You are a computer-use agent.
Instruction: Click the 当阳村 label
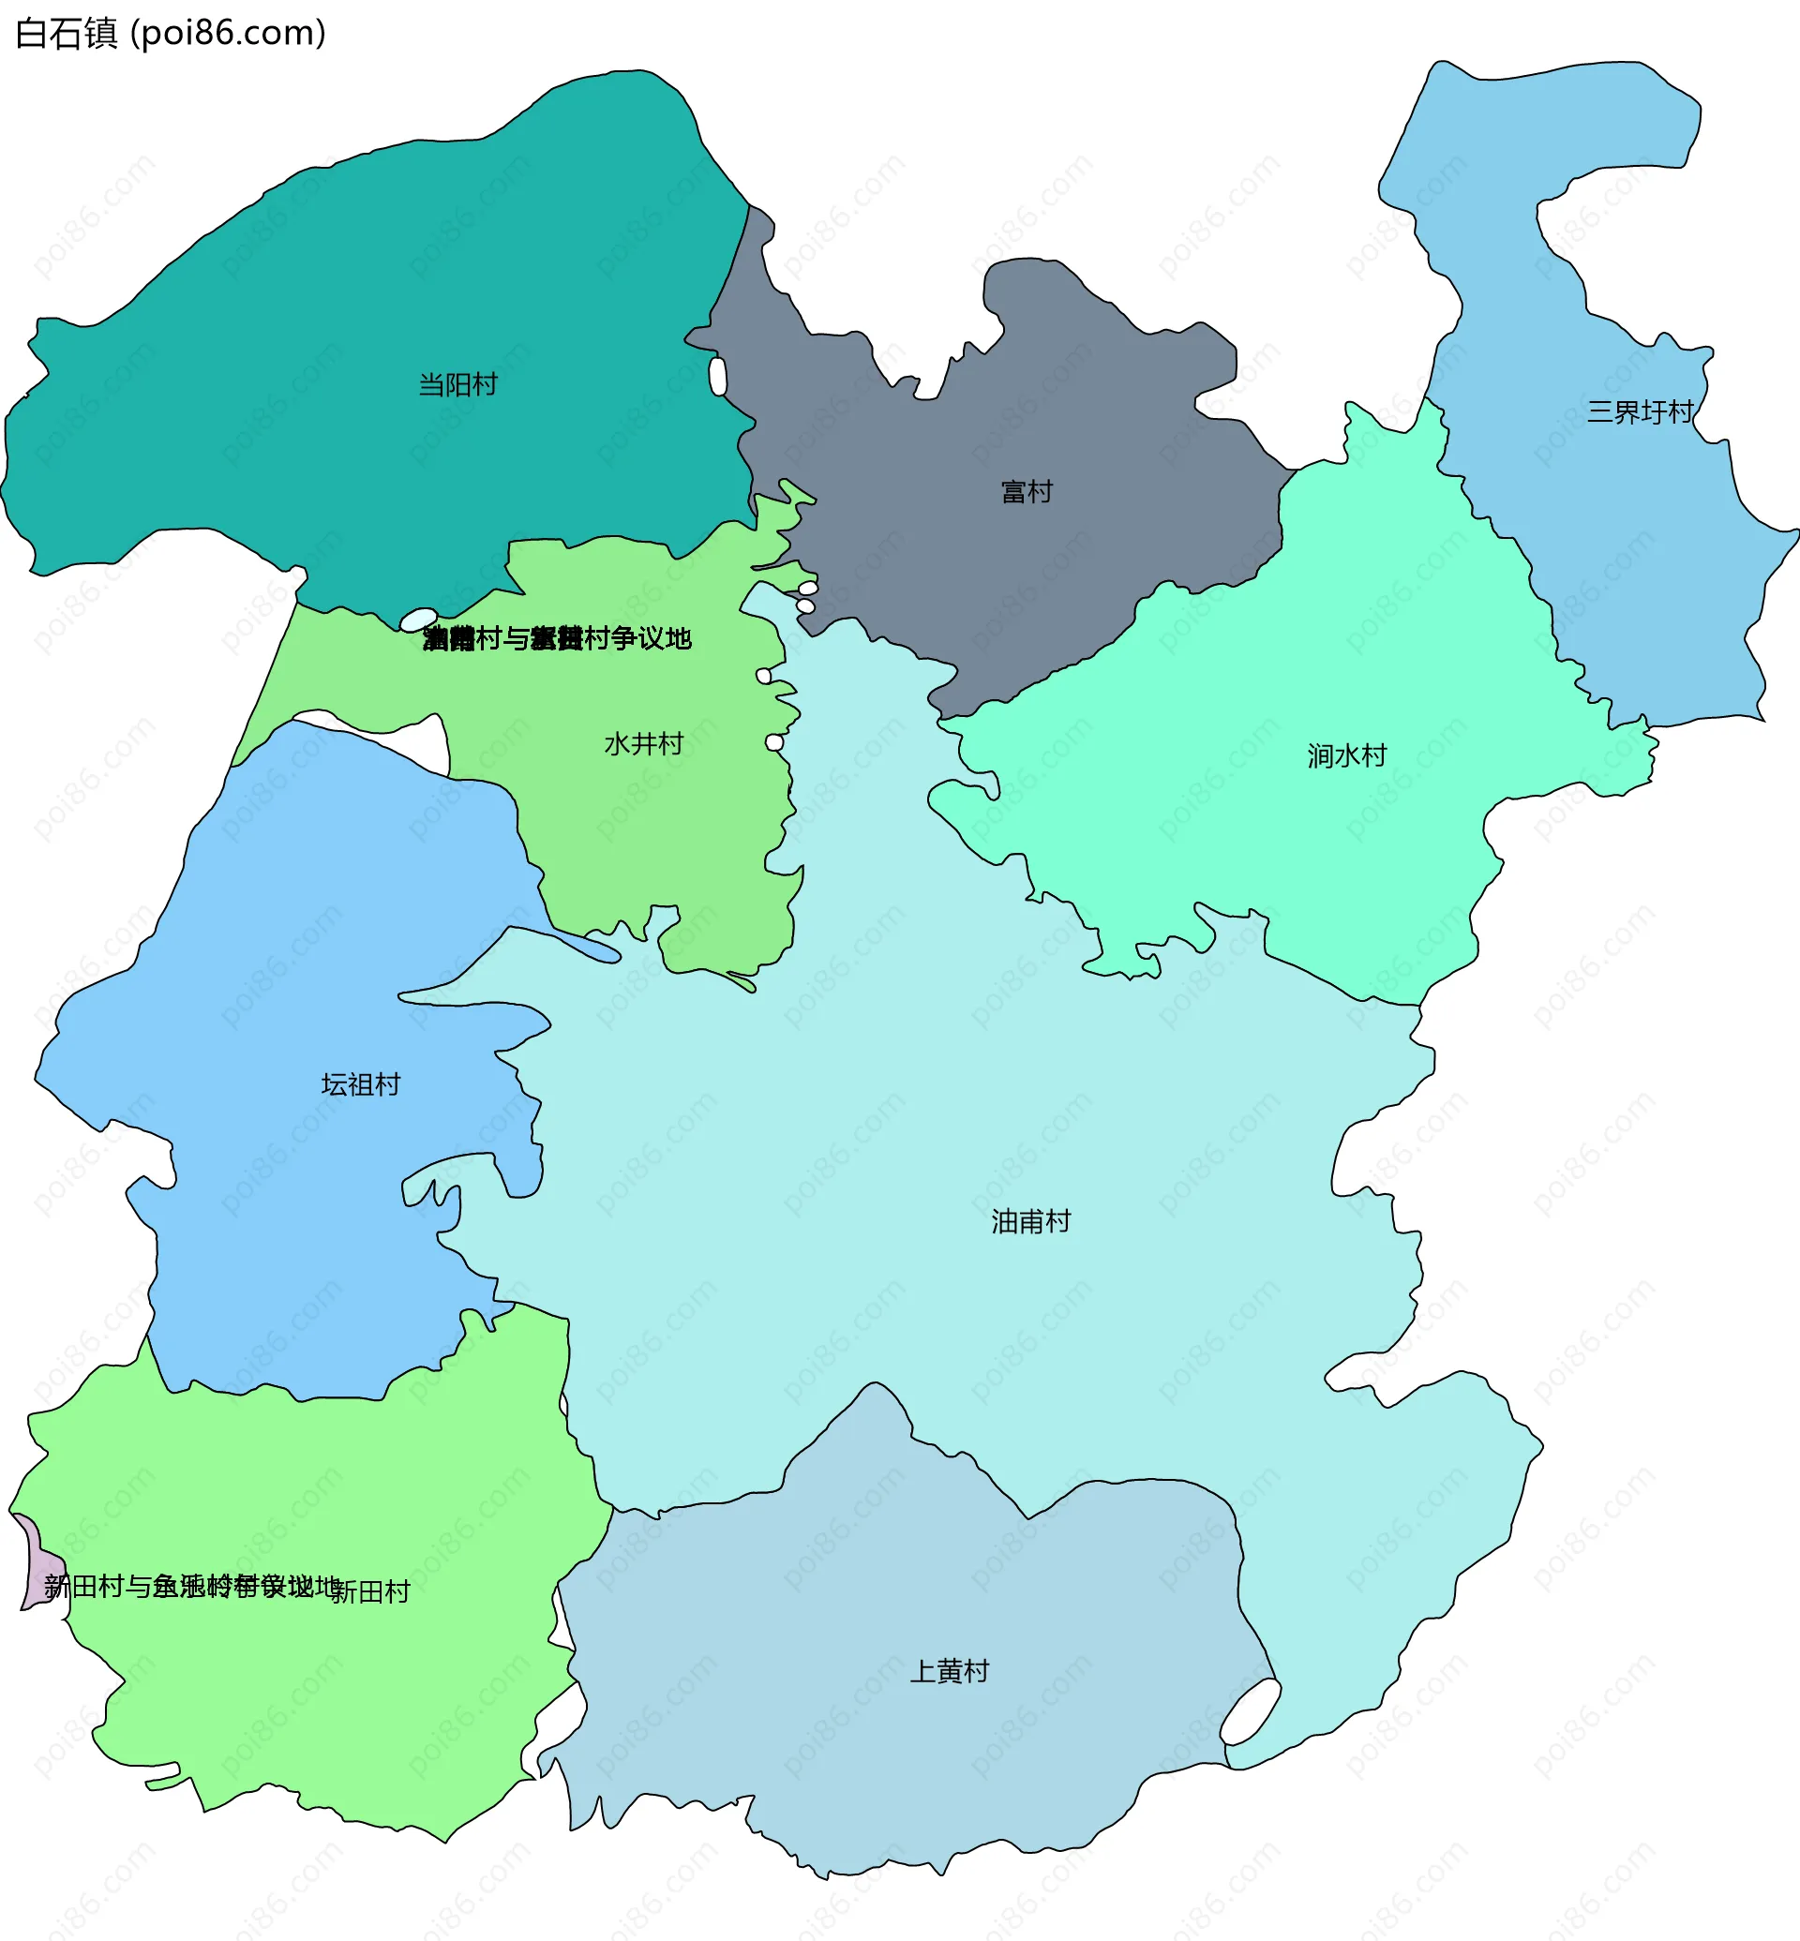[x=457, y=384]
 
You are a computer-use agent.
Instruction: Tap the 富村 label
[x=1027, y=492]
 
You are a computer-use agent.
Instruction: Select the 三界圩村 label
[x=1641, y=412]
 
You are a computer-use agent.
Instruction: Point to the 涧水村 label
[x=1346, y=755]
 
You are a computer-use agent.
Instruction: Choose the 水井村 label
[x=644, y=744]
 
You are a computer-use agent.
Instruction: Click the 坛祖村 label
[x=360, y=1085]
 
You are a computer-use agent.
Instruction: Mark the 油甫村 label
[x=1030, y=1221]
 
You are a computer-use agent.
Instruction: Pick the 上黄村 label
[x=949, y=1671]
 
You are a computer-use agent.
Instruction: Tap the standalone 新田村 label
[x=371, y=1592]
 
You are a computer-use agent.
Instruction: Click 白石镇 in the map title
[x=67, y=33]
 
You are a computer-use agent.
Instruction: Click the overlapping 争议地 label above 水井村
[x=556, y=639]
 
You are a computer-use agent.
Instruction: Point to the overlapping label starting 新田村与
[x=191, y=1587]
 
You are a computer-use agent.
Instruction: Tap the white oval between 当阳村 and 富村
[x=718, y=377]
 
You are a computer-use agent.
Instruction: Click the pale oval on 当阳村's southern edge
[x=419, y=620]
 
